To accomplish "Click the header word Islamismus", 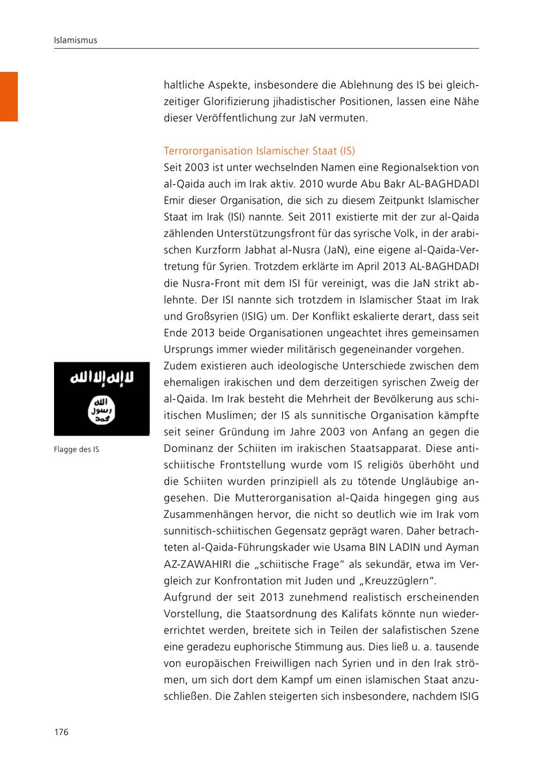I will (x=75, y=40).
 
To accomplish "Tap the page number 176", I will (x=62, y=732).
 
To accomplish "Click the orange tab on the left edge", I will (x=9, y=96).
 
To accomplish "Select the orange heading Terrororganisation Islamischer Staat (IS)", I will (x=259, y=151).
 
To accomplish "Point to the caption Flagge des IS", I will (x=77, y=450).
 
